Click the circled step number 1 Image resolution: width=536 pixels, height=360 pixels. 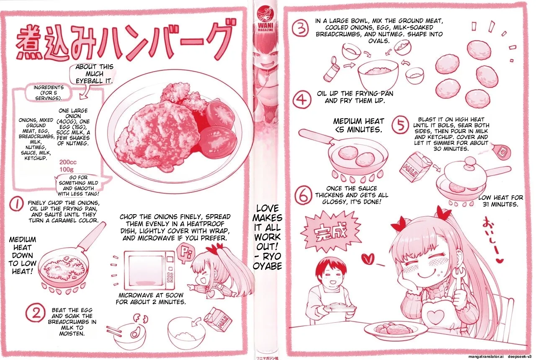coord(17,205)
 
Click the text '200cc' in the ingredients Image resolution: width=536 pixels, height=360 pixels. coord(68,162)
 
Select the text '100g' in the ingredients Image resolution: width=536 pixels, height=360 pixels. coord(67,169)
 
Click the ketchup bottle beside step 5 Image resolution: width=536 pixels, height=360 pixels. coord(501,150)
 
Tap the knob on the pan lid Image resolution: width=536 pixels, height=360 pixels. coord(470,161)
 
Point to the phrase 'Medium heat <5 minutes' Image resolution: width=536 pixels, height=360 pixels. coord(358,125)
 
